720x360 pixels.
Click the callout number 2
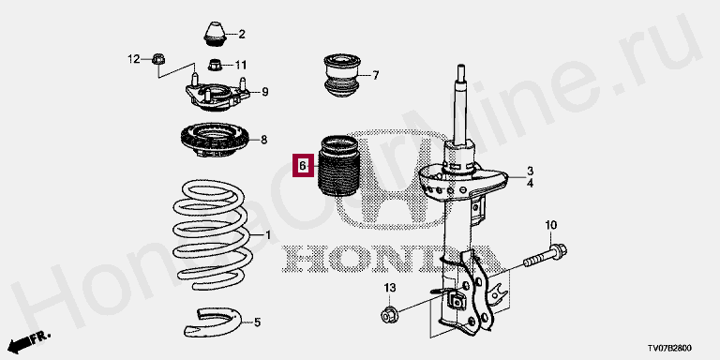[242, 34]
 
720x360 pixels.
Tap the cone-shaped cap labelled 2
[215, 34]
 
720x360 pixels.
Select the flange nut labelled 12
[158, 59]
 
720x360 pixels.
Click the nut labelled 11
[215, 65]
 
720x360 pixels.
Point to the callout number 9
[265, 92]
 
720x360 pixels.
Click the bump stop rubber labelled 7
[341, 76]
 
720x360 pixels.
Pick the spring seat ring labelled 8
[214, 141]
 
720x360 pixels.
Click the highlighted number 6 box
[303, 165]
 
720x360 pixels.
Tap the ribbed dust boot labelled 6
[337, 165]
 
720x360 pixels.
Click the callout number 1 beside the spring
[268, 236]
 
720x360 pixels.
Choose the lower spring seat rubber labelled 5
[212, 322]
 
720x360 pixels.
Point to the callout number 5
[257, 322]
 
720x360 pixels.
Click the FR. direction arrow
[29, 340]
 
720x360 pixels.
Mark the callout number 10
[551, 225]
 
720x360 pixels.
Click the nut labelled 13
[389, 315]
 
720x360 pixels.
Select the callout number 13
[389, 288]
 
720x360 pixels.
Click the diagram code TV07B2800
[669, 349]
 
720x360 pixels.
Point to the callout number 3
[530, 171]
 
